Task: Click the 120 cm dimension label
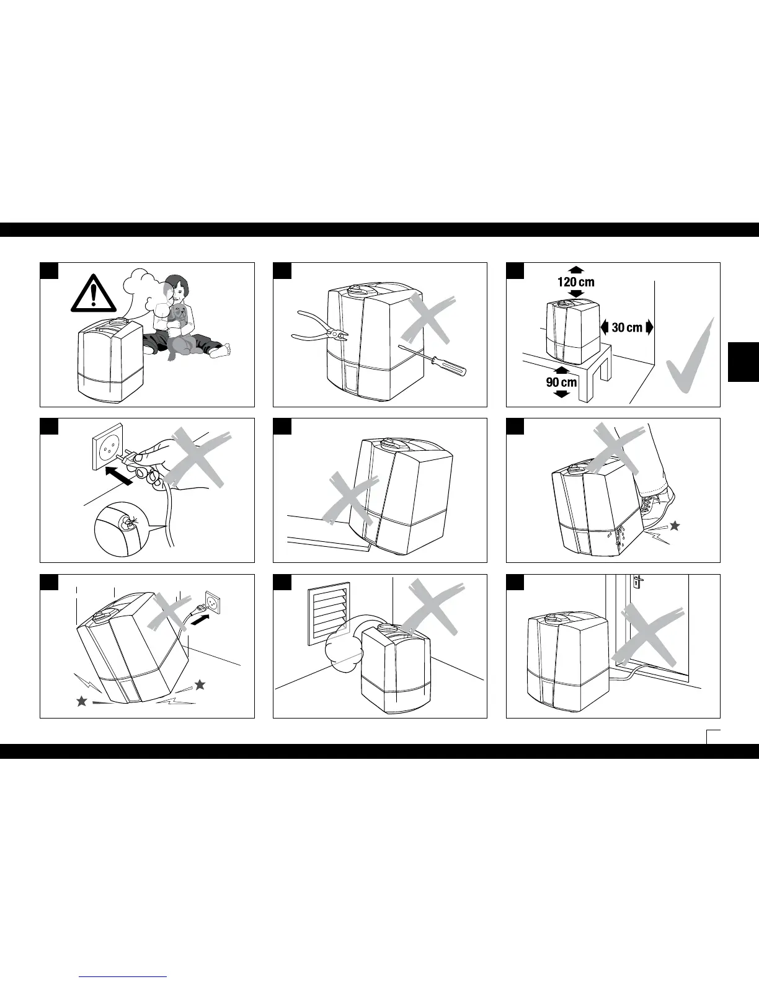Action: click(x=575, y=282)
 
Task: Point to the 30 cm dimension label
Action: click(x=627, y=327)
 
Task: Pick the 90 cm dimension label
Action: click(x=561, y=382)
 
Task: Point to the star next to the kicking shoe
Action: click(x=675, y=526)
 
